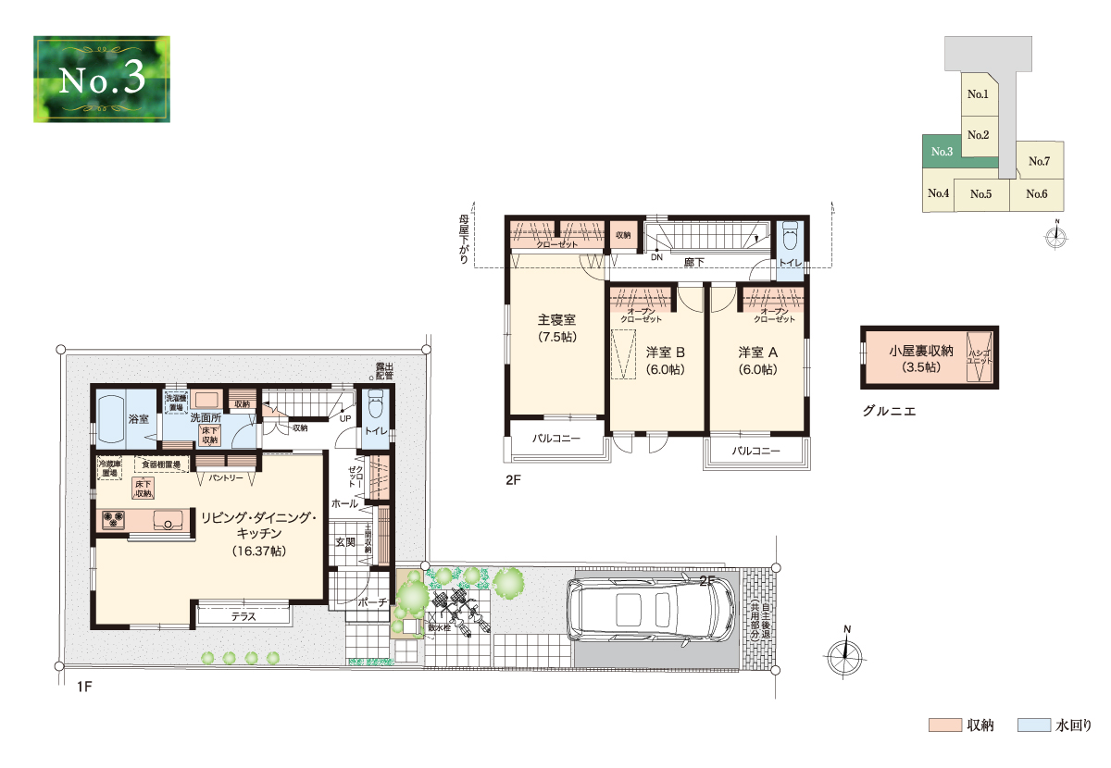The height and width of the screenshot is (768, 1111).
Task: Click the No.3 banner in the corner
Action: (102, 79)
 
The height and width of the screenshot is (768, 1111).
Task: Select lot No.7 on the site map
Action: (1040, 161)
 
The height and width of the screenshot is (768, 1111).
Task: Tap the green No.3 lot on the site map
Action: (942, 153)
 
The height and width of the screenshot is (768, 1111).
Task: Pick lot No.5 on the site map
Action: (981, 194)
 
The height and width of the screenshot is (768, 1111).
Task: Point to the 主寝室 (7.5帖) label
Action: (557, 328)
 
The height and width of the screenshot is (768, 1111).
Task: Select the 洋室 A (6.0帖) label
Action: (757, 360)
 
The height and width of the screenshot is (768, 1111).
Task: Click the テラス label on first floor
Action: (244, 615)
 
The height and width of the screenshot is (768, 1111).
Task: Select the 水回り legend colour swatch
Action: (1033, 725)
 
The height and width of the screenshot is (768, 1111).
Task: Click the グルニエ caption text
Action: (888, 411)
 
